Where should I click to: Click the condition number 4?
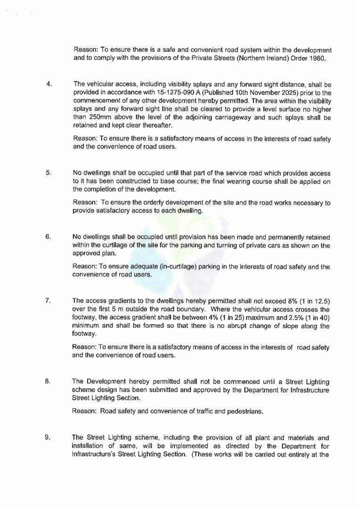tap(49, 84)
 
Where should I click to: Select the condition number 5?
tap(49, 172)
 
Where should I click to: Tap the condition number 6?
tap(49, 237)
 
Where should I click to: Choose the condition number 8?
tap(48, 381)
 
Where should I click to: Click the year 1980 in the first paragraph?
tap(315, 58)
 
